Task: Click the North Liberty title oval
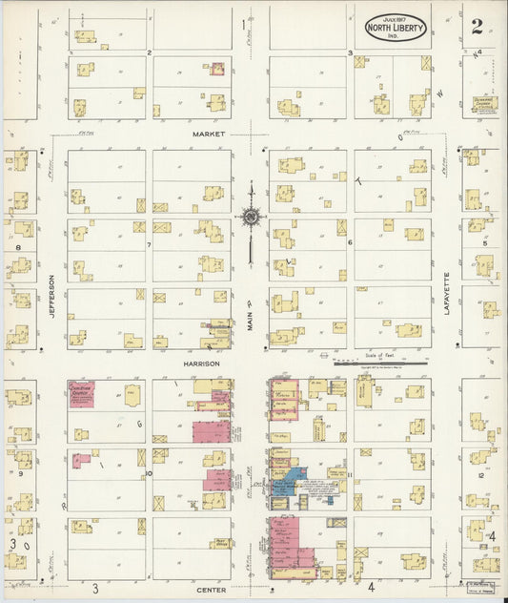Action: click(x=395, y=27)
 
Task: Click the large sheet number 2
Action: click(x=477, y=26)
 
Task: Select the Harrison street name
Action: click(x=202, y=364)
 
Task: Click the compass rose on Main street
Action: click(x=251, y=217)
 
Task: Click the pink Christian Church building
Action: click(x=81, y=393)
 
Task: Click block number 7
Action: click(x=149, y=245)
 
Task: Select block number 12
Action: click(x=481, y=474)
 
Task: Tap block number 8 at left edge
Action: click(x=18, y=246)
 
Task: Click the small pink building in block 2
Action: click(x=217, y=70)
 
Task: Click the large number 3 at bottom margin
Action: click(x=95, y=588)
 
